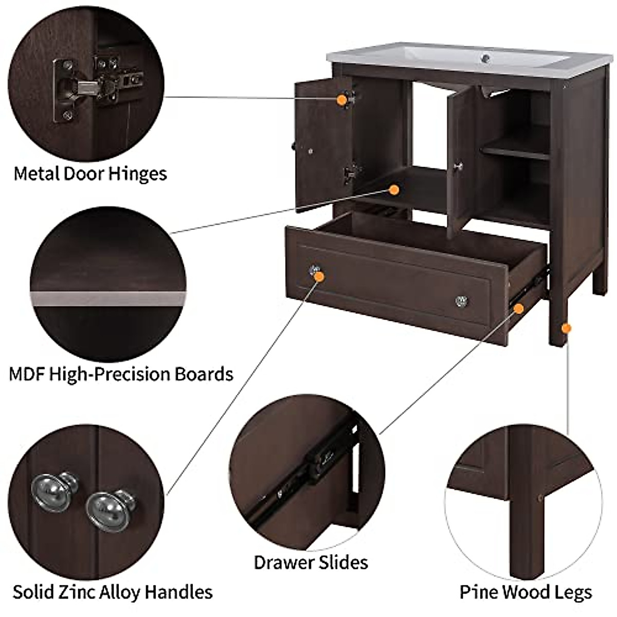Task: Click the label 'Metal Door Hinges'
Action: (x=90, y=174)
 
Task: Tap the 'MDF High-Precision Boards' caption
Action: (x=121, y=374)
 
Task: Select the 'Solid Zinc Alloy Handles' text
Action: (x=113, y=592)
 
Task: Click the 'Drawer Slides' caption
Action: (x=311, y=562)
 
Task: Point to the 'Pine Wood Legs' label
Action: (x=526, y=592)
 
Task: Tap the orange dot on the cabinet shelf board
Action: (x=394, y=190)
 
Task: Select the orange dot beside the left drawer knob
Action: (x=319, y=277)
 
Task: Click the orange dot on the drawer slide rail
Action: (x=519, y=308)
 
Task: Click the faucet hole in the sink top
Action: (x=485, y=59)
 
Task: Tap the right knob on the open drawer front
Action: (x=461, y=300)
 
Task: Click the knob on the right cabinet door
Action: (x=459, y=166)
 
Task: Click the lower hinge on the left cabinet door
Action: (x=351, y=173)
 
